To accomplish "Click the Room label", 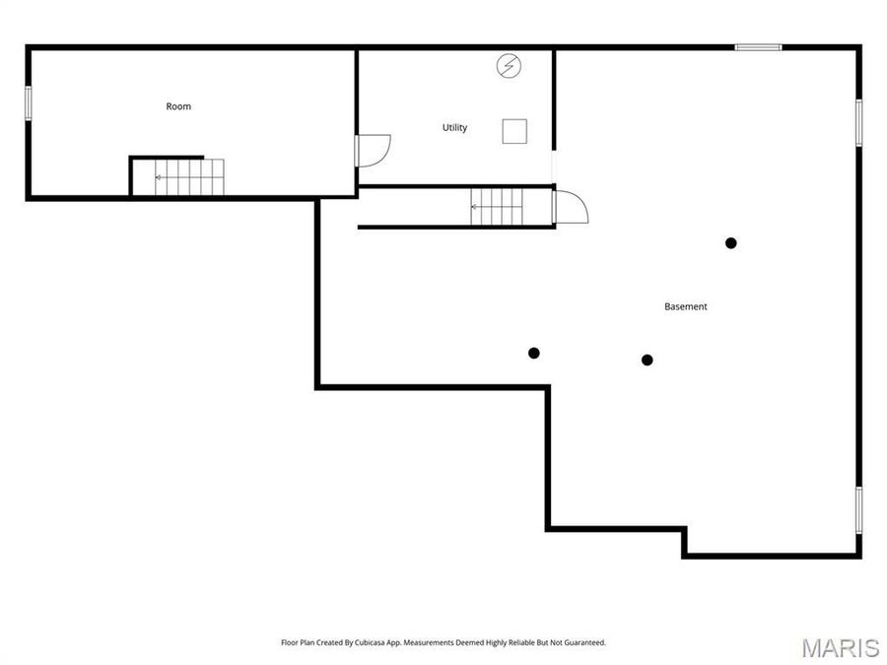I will pyautogui.click(x=178, y=106).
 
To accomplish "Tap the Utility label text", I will pyautogui.click(x=454, y=127).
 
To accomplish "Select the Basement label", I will pyautogui.click(x=685, y=306).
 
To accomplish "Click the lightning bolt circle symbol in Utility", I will pyautogui.click(x=509, y=66).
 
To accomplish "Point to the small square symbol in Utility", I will pyautogui.click(x=514, y=131).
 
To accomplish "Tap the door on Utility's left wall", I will pyautogui.click(x=374, y=150).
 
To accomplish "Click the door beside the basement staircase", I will pyautogui.click(x=571, y=207).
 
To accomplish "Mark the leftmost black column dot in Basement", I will pyautogui.click(x=534, y=353).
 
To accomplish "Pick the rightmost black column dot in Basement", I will pyautogui.click(x=730, y=243).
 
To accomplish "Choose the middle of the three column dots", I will pyautogui.click(x=648, y=360).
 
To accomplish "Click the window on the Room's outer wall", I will pyautogui.click(x=29, y=102).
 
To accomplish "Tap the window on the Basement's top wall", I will pyautogui.click(x=758, y=47).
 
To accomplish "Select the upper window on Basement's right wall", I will pyautogui.click(x=858, y=122).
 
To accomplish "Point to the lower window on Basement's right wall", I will pyautogui.click(x=858, y=509).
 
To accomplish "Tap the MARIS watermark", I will pyautogui.click(x=840, y=647).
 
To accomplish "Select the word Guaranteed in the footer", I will pyautogui.click(x=582, y=642).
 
